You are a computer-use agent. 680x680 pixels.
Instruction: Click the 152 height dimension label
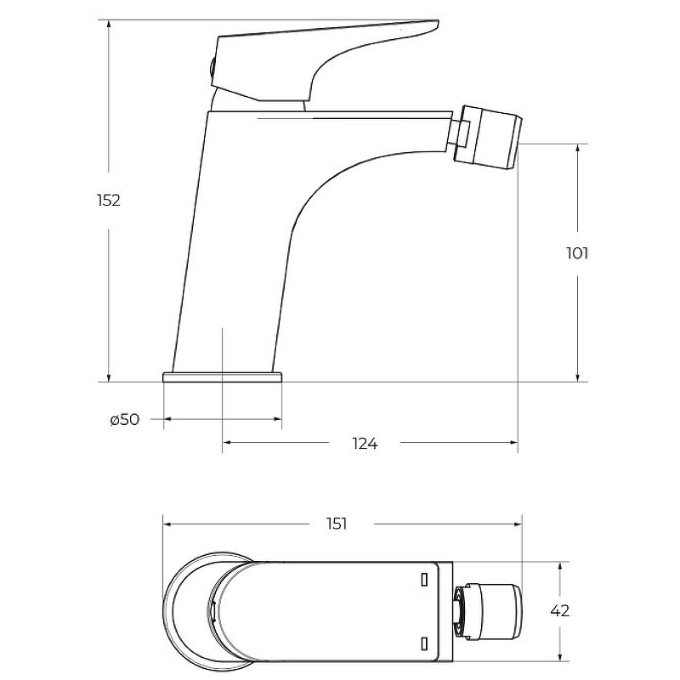[109, 201]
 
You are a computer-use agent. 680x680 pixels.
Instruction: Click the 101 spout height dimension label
[577, 253]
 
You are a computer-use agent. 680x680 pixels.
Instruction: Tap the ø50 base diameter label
[125, 419]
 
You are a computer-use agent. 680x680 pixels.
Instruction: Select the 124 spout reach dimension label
[365, 444]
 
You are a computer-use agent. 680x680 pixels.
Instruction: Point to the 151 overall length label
[337, 524]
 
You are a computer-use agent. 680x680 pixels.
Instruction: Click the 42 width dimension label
[560, 610]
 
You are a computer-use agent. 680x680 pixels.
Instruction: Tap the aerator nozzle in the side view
[491, 137]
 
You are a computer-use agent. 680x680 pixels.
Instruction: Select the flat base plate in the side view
[223, 377]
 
